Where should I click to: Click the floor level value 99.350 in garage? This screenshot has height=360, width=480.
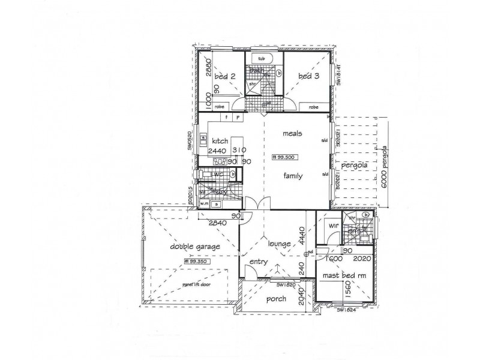coord(197,261)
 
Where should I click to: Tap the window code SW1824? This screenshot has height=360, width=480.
coord(347,310)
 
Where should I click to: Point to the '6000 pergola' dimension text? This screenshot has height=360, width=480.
coord(385,161)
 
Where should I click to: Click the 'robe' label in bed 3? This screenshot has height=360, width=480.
coord(313,107)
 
